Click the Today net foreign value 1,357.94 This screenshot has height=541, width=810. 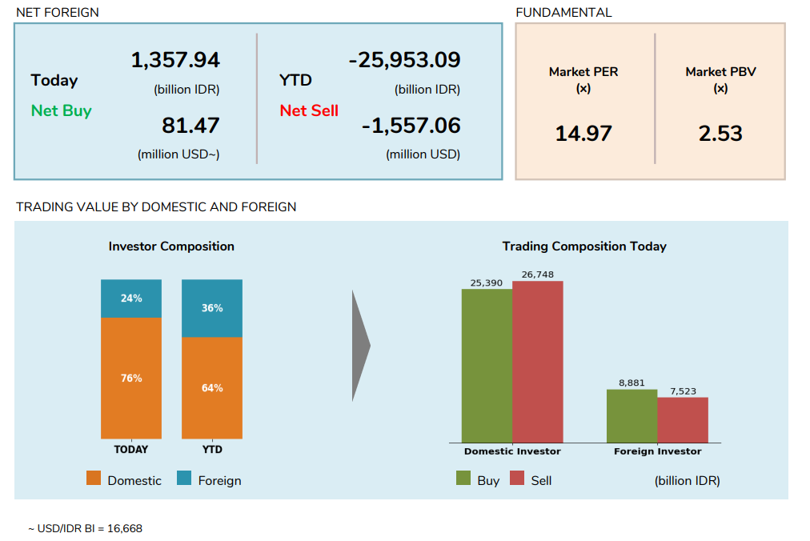click(175, 60)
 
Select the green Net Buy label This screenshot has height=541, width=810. click(61, 110)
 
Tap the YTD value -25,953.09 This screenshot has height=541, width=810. click(404, 60)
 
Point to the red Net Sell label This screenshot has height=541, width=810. click(309, 110)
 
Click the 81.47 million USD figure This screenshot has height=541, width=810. click(190, 126)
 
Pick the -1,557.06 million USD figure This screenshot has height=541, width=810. click(411, 126)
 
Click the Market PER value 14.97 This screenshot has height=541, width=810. click(583, 133)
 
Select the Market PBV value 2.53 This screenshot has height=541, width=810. click(720, 133)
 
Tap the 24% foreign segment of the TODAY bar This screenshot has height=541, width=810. click(131, 299)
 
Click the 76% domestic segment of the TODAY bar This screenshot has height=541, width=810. click(131, 378)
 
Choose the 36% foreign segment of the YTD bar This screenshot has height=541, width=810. click(212, 308)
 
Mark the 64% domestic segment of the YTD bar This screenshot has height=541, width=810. click(212, 388)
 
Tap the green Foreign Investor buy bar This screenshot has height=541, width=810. click(632, 416)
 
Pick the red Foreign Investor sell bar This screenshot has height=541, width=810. click(683, 420)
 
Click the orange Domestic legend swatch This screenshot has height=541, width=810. click(94, 479)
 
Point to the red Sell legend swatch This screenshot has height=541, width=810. click(517, 479)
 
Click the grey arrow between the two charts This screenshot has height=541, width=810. click(360, 346)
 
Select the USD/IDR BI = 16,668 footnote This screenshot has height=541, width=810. click(86, 528)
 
